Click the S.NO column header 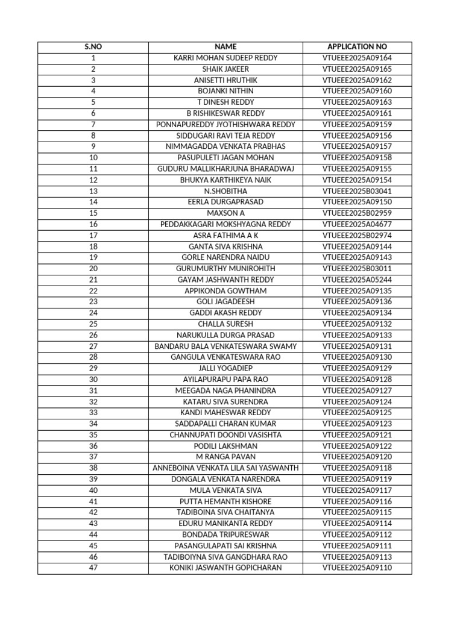pos(93,47)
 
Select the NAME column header pos(225,47)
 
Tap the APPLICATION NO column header pos(357,47)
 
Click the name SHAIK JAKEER pos(225,69)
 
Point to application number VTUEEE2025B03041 pos(357,191)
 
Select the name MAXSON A pos(225,213)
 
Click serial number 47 pos(93,568)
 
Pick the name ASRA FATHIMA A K pos(225,236)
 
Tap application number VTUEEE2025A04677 pos(357,224)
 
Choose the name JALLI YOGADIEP pos(225,368)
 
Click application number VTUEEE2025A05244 pos(357,280)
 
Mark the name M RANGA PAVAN pos(225,457)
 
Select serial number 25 pos(93,324)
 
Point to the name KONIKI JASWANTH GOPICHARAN pos(225,568)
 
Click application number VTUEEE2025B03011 pos(357,269)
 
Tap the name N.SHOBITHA pos(225,191)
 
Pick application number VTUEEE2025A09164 pos(357,58)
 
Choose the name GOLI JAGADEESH pos(225,302)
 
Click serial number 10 pos(93,158)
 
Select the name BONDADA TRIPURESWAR pos(225,534)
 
